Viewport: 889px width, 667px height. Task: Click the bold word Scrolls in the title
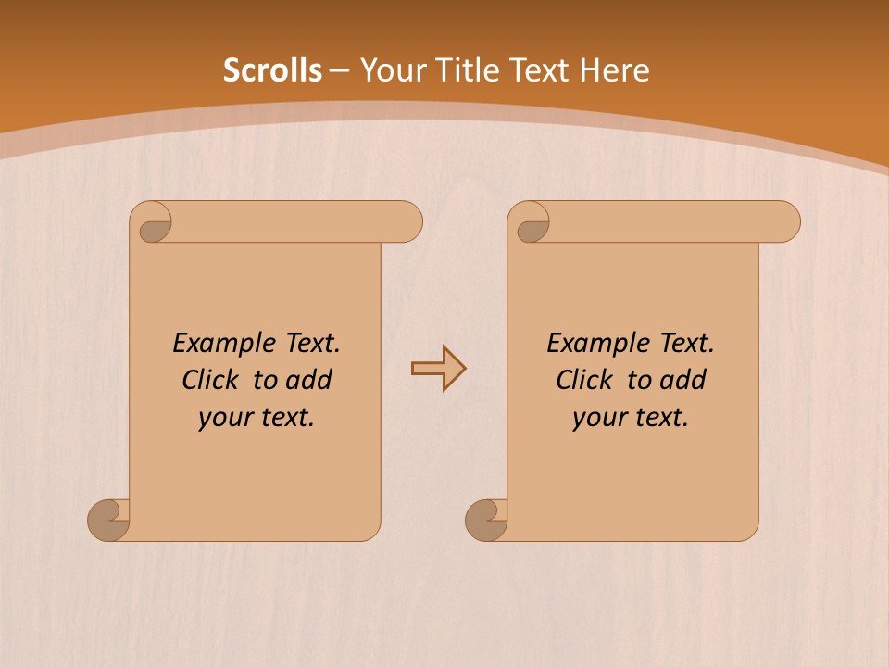coord(272,70)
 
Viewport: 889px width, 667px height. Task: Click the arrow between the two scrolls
coord(438,369)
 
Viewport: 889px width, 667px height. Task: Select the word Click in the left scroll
coord(208,380)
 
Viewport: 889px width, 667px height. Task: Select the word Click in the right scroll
coord(583,380)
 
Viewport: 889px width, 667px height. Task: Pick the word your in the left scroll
coord(223,418)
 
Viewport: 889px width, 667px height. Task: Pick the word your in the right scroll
coord(597,418)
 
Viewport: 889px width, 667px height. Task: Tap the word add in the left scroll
coord(308,380)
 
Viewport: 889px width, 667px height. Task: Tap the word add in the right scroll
coord(683,380)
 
